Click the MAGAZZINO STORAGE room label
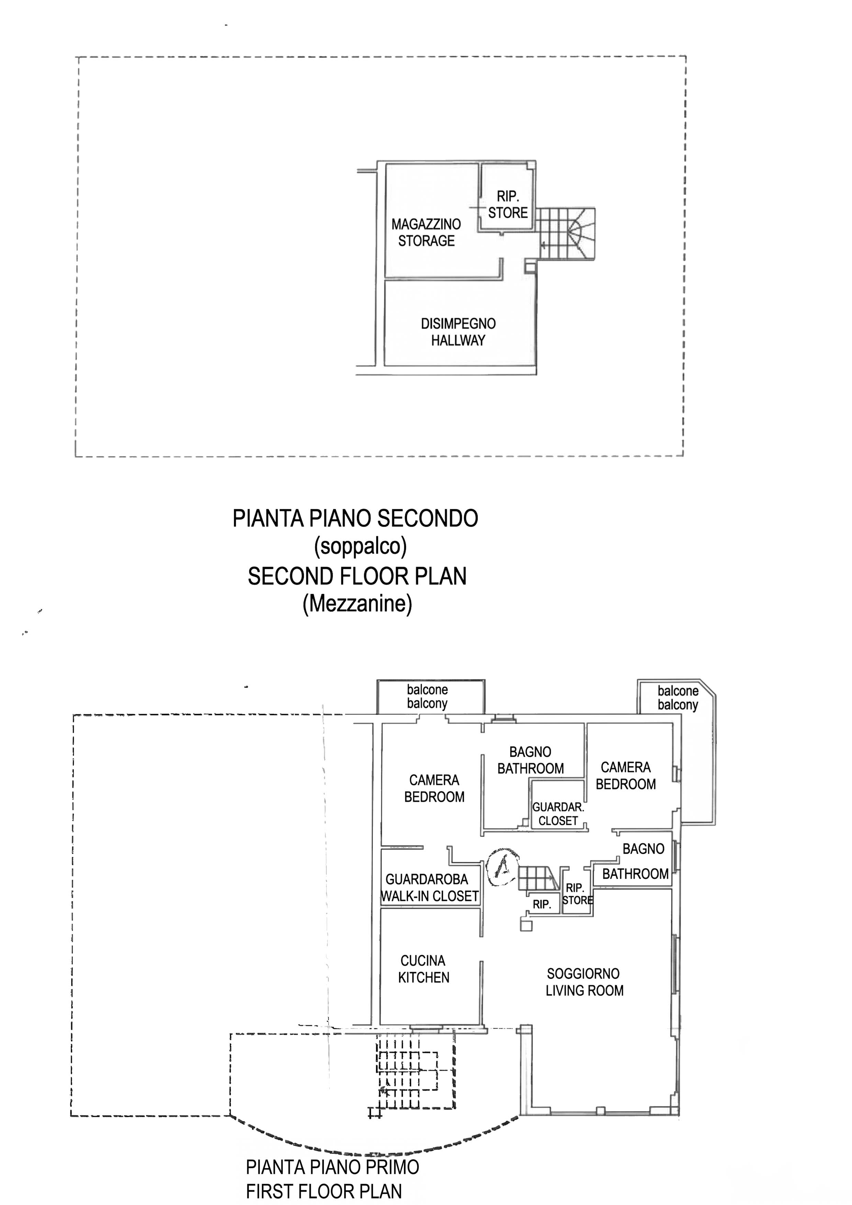pos(426,233)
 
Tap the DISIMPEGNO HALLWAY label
pos(458,332)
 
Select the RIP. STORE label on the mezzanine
pos(508,205)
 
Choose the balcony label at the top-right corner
pos(678,698)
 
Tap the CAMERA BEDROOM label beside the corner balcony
pos(626,776)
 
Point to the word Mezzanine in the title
pos(357,604)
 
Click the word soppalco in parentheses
pos(360,547)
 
